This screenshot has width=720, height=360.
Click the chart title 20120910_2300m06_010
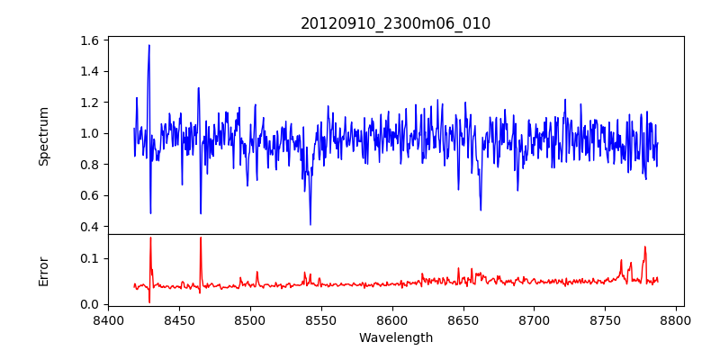click(x=395, y=23)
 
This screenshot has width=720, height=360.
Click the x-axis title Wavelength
click(x=395, y=338)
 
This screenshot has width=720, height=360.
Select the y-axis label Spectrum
click(x=43, y=136)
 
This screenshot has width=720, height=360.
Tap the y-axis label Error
click(x=43, y=270)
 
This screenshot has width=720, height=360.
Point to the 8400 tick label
click(x=108, y=319)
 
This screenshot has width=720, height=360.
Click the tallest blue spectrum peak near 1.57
click(x=149, y=45)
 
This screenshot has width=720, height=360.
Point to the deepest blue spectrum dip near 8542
click(x=310, y=224)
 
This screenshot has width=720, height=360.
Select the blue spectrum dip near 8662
click(x=481, y=210)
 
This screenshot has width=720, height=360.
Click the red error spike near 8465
click(x=201, y=238)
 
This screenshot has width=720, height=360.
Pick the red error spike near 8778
click(x=644, y=247)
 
